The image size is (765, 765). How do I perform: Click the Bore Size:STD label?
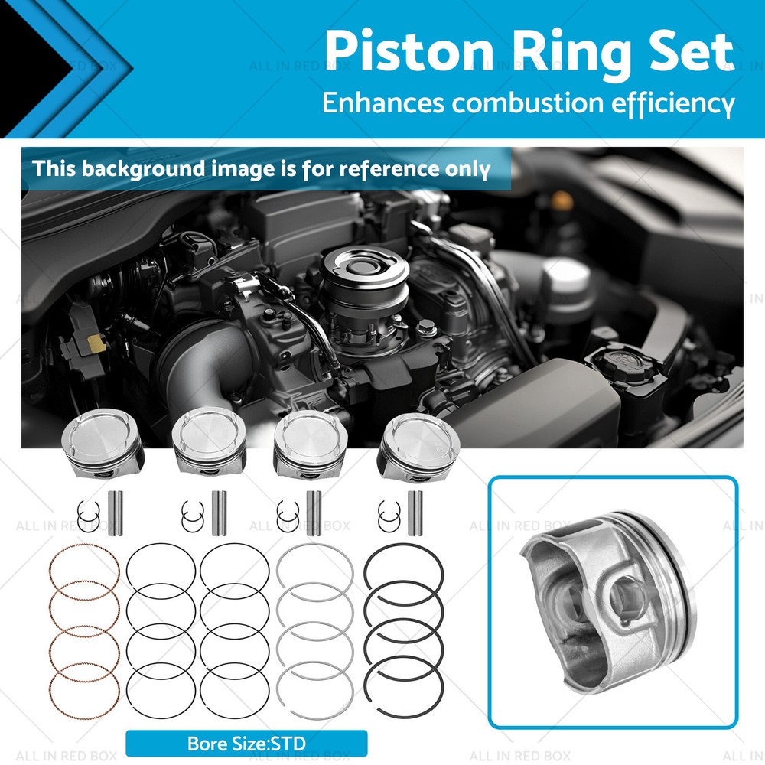246,743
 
